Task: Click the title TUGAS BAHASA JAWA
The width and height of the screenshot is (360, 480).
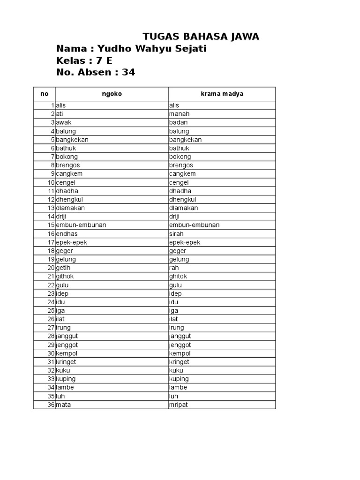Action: [201, 37]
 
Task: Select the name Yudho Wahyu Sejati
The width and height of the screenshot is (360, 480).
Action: [151, 49]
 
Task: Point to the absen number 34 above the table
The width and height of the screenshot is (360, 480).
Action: [128, 72]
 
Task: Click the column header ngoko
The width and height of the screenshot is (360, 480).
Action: [112, 94]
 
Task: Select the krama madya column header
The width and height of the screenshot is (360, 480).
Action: [222, 94]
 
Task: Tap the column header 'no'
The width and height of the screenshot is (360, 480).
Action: [44, 94]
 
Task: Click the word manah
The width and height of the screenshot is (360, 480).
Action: [179, 114]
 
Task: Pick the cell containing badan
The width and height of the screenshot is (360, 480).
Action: [178, 122]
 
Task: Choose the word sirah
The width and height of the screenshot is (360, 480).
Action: [176, 233]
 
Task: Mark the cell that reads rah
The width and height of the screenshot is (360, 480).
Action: [173, 268]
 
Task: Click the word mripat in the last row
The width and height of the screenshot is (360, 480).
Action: [178, 405]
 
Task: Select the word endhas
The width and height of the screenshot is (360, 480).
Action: [67, 233]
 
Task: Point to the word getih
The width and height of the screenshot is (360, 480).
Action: [64, 268]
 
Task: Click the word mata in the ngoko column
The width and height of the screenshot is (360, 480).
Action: [63, 405]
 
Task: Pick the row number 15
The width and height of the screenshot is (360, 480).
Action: [51, 225]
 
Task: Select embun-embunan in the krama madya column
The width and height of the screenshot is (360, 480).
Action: [194, 225]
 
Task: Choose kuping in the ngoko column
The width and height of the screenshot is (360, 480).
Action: [66, 379]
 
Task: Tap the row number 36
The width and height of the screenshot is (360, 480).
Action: [51, 405]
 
